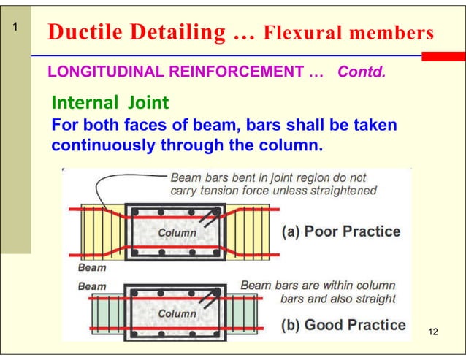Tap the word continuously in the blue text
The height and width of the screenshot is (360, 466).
tap(102, 145)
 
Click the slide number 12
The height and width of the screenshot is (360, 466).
tap(433, 333)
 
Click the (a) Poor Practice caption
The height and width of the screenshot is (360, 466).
tap(341, 231)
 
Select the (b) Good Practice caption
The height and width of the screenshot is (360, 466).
tap(343, 325)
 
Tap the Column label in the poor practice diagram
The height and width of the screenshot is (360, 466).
tap(177, 232)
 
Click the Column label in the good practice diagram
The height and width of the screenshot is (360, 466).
tap(177, 313)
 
